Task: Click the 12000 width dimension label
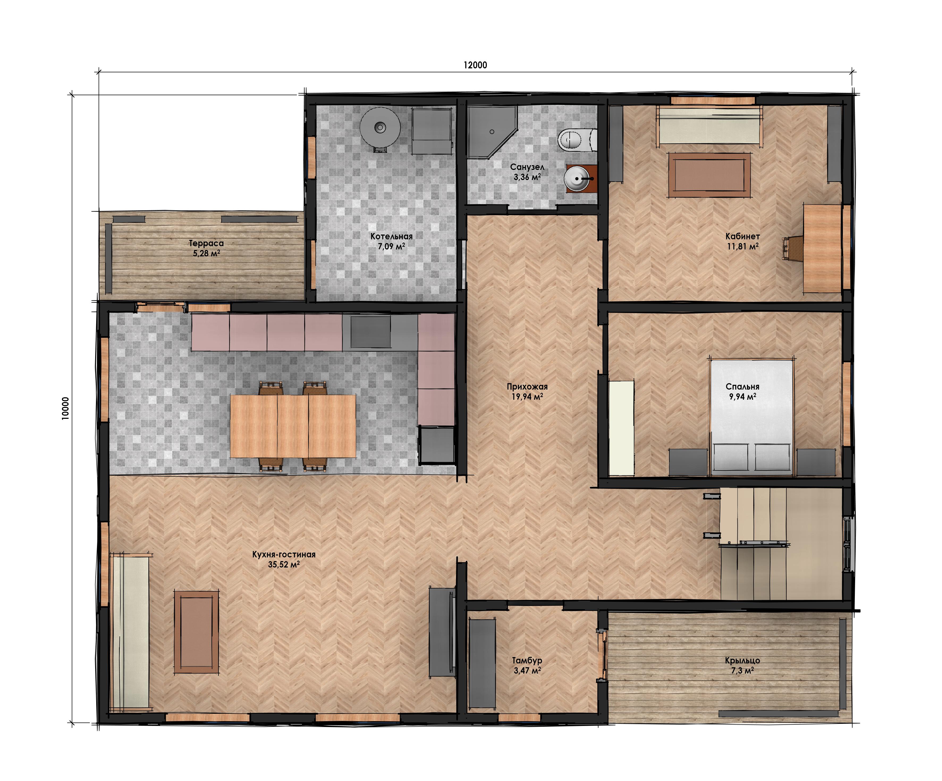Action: pyautogui.click(x=475, y=65)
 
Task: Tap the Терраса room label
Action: pyautogui.click(x=206, y=243)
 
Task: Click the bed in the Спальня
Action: pyautogui.click(x=751, y=416)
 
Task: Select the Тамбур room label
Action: pyautogui.click(x=527, y=661)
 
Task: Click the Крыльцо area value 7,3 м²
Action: pyautogui.click(x=742, y=671)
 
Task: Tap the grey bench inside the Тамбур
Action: pyautogui.click(x=482, y=663)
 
